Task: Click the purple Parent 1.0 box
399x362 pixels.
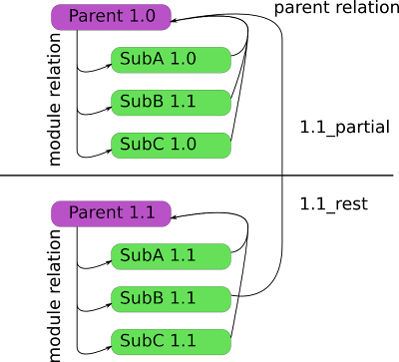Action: [x=111, y=17]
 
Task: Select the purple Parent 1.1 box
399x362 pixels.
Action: [x=111, y=213]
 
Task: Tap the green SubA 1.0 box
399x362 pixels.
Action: [x=171, y=60]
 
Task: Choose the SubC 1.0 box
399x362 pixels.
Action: [x=171, y=146]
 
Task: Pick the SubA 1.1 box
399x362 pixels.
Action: [x=171, y=256]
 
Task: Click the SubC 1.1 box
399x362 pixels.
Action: [x=171, y=342]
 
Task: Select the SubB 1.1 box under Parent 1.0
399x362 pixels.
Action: [x=171, y=103]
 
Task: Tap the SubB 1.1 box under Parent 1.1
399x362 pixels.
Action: [x=171, y=299]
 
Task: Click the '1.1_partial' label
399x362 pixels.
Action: [x=345, y=128]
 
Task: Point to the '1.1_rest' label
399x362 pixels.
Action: [x=334, y=203]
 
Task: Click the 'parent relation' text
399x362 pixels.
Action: [x=336, y=8]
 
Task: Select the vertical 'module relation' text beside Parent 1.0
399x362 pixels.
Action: [x=55, y=99]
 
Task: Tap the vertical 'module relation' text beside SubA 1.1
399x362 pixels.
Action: [x=55, y=295]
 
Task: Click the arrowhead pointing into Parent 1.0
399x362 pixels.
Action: [x=174, y=21]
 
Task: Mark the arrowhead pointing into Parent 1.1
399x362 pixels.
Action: [x=174, y=217]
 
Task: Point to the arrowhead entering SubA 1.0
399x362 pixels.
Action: [x=109, y=66]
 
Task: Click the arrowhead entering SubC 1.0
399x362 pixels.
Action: [x=109, y=151]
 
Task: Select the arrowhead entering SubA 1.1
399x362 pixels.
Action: [x=109, y=262]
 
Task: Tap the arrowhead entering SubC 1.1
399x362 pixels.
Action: [x=109, y=348]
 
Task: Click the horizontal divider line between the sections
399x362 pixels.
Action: [x=197, y=175]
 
